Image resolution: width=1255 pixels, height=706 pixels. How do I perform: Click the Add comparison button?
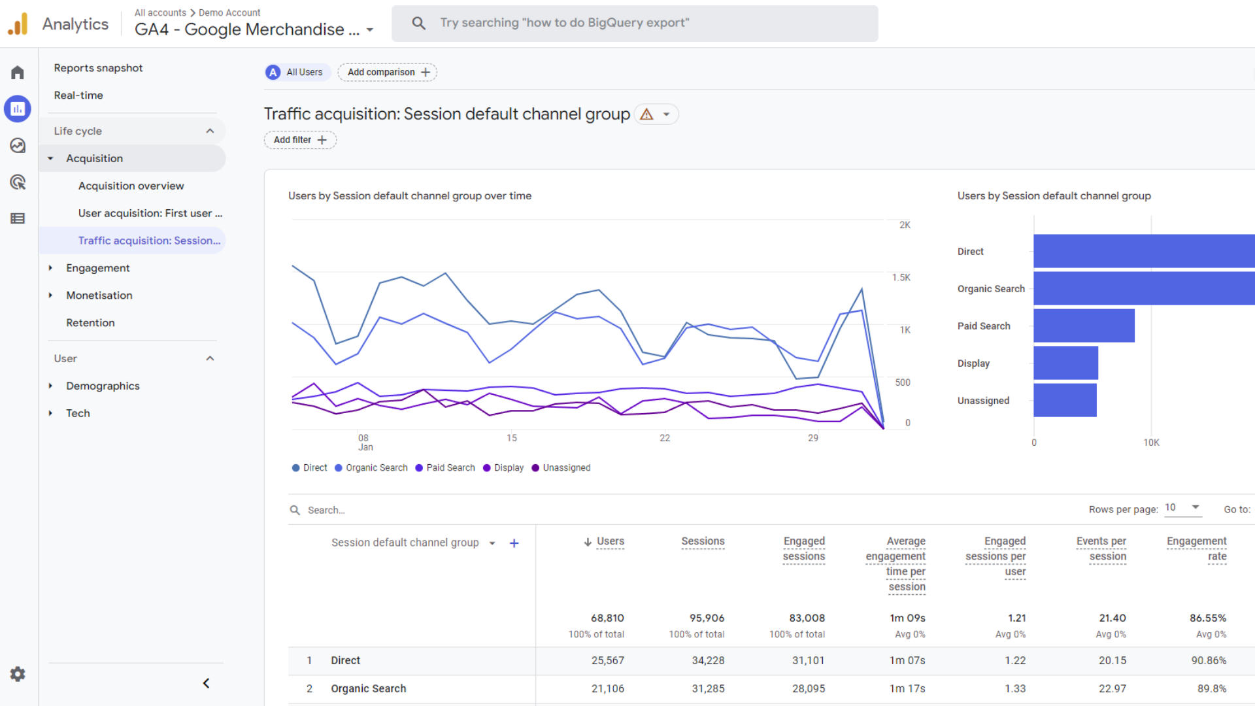388,72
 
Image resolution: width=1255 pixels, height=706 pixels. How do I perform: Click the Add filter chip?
300,140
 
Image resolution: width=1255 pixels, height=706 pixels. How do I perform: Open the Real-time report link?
78,95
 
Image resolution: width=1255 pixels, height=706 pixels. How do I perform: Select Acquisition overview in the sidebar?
131,186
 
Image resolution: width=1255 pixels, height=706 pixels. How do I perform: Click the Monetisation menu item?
99,295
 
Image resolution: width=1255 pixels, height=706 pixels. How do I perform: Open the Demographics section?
103,386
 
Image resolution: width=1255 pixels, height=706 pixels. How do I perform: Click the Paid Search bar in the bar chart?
1084,326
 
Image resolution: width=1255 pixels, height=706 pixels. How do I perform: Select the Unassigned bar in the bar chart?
1065,400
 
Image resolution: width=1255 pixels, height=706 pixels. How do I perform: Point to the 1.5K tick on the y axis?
901,277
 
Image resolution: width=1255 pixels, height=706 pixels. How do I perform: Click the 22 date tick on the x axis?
665,438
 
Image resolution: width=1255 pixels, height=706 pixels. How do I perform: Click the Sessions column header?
703,541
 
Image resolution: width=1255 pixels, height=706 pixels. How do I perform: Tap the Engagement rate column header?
1196,548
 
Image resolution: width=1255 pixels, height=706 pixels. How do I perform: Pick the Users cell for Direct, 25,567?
607,660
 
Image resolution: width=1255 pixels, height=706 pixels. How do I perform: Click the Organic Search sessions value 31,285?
708,688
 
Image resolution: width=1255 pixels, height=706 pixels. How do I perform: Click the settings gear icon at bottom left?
18,674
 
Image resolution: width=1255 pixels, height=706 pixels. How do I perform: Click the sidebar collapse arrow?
206,683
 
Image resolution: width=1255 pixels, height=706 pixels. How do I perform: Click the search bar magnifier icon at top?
418,24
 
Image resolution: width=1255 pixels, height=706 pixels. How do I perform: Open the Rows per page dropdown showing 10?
1183,508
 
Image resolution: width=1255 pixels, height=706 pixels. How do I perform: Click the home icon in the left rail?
18,73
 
